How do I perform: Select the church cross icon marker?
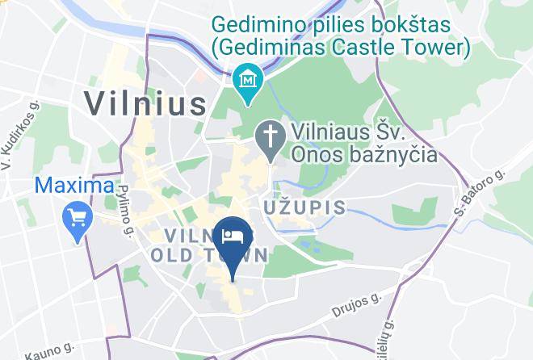click(268, 135)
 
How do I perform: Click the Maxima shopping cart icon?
click(78, 217)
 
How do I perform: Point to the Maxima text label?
click(73, 186)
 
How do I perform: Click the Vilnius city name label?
click(145, 103)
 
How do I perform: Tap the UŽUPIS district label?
click(305, 208)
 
